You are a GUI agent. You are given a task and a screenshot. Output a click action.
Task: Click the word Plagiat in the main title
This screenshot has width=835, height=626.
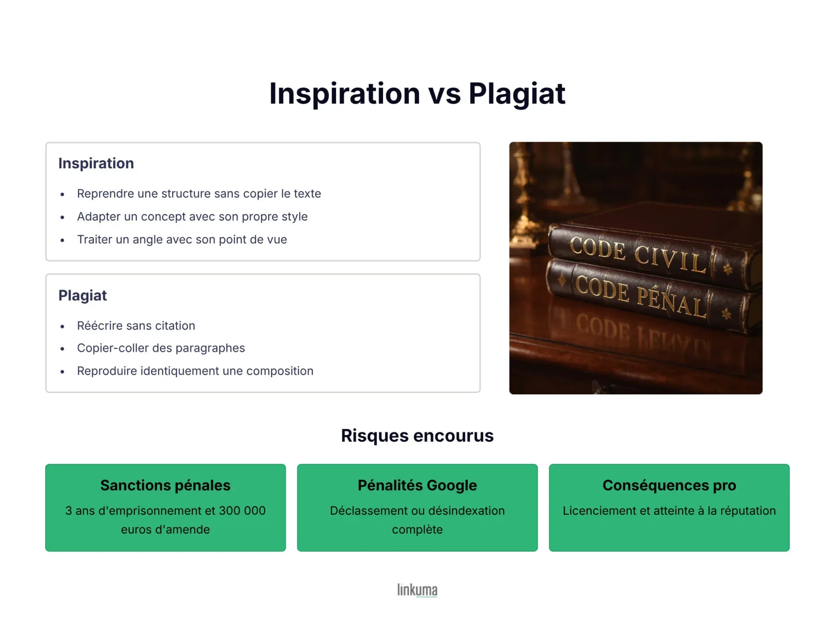coord(517,94)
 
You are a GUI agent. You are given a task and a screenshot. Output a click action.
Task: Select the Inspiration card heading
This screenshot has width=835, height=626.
coord(96,163)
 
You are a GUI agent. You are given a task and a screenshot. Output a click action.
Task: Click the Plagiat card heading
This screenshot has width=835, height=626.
coord(83,296)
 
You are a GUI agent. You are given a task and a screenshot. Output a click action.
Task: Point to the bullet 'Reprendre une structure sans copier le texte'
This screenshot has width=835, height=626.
coord(199,193)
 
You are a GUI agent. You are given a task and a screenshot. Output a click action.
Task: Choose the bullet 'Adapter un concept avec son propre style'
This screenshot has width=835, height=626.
coord(192,216)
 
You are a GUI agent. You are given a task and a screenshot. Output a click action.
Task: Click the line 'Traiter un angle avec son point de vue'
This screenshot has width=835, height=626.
coord(182,240)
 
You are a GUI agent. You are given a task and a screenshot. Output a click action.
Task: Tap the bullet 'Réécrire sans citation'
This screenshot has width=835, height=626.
coord(136,326)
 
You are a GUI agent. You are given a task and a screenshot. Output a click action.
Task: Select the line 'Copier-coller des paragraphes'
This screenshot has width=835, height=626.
coord(161,348)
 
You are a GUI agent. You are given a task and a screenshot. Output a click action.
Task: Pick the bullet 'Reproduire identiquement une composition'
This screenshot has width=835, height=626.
coord(195,371)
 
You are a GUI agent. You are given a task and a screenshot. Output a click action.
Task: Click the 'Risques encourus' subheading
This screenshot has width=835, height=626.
coord(417,436)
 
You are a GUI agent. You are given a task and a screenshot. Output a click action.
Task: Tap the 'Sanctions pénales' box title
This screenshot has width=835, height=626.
coord(165,485)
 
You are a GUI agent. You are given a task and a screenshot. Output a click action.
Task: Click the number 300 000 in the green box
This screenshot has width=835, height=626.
coord(242,510)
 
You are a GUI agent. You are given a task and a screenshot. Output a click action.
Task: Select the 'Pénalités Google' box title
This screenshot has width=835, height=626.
coord(417,485)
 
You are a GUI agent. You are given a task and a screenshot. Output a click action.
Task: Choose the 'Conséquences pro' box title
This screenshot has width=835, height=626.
coord(669,485)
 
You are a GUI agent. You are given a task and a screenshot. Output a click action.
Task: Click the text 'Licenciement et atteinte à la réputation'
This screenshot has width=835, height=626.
coord(669,510)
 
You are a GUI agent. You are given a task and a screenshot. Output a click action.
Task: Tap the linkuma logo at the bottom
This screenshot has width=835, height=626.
coord(417,590)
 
